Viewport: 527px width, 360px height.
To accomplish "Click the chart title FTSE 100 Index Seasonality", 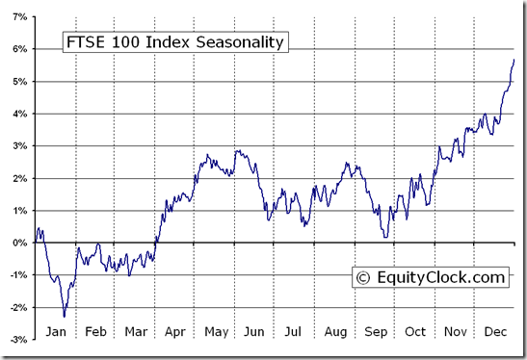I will coord(174,41).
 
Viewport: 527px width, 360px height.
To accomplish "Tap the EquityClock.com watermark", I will coord(430,277).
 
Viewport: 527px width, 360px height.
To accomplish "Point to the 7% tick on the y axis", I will coord(19,16).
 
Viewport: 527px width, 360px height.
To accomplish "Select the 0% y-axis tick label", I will coord(19,243).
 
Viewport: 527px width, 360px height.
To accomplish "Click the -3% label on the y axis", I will coord(17,340).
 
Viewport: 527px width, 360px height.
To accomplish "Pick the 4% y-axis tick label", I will coord(19,114).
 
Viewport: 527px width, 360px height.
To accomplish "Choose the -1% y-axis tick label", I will coord(17,275).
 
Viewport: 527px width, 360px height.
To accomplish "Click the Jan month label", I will coord(55,333).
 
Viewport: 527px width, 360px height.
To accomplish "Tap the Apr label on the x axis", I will coord(174,333).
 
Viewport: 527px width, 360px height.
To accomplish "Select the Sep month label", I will coord(375,333).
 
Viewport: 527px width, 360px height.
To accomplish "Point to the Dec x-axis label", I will coord(495,333).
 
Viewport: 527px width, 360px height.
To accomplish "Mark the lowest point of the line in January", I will coord(65,316).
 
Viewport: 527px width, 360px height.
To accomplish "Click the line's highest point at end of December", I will coord(514,60).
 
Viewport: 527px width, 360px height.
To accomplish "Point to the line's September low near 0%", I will coord(385,237).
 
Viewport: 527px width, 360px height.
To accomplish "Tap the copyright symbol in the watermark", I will coord(363,278).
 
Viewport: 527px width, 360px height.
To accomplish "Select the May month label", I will coord(215,333).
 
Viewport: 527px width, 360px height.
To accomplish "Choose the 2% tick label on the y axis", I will coord(19,178).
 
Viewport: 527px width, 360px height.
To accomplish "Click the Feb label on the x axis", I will coord(94,333).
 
